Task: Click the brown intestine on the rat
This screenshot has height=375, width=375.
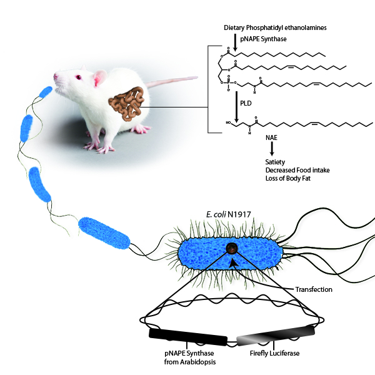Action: pyautogui.click(x=127, y=104)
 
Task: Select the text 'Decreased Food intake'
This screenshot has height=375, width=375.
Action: pyautogui.click(x=292, y=170)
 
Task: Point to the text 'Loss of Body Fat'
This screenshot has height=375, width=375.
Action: pyautogui.click(x=285, y=178)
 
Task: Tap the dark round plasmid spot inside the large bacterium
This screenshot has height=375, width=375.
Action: pyautogui.click(x=232, y=249)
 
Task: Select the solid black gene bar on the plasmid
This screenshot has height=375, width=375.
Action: pyautogui.click(x=187, y=337)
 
